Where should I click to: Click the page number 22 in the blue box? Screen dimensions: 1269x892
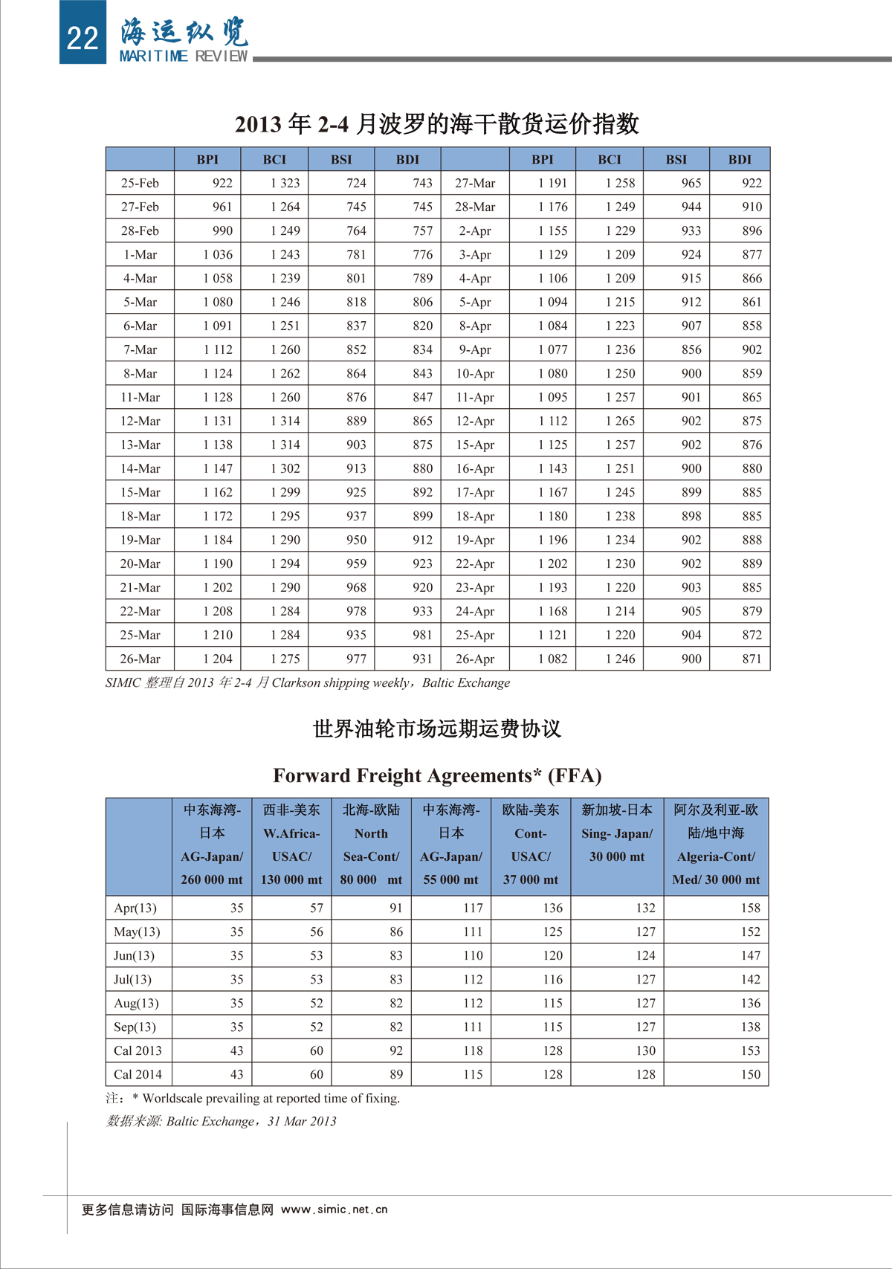pyautogui.click(x=83, y=37)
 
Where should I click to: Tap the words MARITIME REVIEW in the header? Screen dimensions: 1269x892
pyautogui.click(x=183, y=56)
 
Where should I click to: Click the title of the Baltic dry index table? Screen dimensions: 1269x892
pyautogui.click(x=437, y=123)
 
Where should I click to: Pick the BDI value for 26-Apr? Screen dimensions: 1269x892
pyautogui.click(x=752, y=659)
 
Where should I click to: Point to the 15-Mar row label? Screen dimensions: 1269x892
pyautogui.click(x=140, y=492)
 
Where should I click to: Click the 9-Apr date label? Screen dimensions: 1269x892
pyautogui.click(x=475, y=349)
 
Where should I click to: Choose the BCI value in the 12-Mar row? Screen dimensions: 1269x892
pyautogui.click(x=285, y=421)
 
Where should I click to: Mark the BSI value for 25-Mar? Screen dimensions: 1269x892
pyautogui.click(x=356, y=635)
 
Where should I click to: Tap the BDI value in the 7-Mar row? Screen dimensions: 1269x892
pyautogui.click(x=422, y=349)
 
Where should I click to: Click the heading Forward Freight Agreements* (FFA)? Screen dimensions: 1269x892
pyautogui.click(x=437, y=775)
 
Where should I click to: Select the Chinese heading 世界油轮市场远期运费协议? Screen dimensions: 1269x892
pyautogui.click(x=437, y=729)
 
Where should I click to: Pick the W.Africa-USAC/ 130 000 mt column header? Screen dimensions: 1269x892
pyautogui.click(x=291, y=845)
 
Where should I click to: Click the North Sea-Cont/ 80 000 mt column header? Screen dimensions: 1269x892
pyautogui.click(x=371, y=845)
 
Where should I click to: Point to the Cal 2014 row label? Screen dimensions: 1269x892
pyautogui.click(x=138, y=1074)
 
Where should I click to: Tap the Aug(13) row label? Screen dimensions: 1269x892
pyautogui.click(x=136, y=1003)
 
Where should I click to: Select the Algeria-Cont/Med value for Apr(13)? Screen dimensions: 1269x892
pyautogui.click(x=750, y=908)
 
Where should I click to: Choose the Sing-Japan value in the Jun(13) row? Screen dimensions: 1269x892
pyautogui.click(x=645, y=955)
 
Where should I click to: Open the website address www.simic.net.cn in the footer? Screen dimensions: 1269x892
pyautogui.click(x=334, y=1210)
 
